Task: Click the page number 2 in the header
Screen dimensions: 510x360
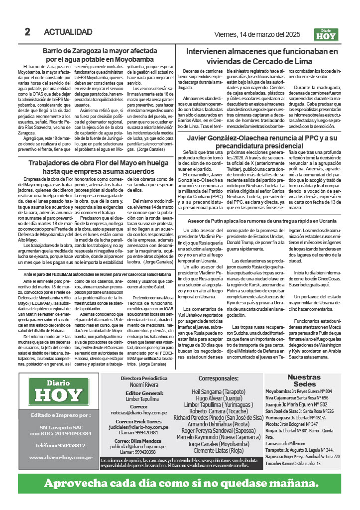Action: (x=28, y=32)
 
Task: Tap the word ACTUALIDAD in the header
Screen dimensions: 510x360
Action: (x=68, y=32)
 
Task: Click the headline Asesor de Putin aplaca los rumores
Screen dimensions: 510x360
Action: (x=262, y=220)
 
